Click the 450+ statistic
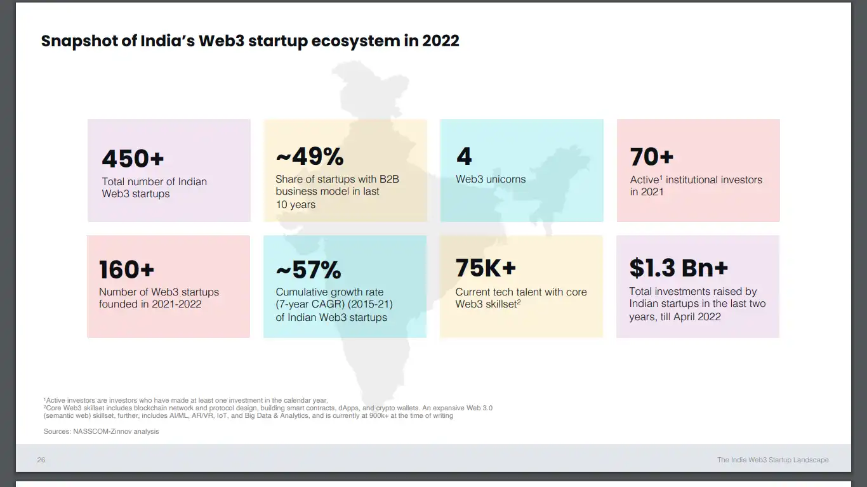(133, 159)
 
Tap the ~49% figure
(310, 157)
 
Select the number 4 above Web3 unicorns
(464, 157)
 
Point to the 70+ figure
(652, 157)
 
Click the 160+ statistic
(127, 270)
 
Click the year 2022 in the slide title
(440, 41)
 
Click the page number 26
(41, 460)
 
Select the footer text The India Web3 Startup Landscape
(772, 460)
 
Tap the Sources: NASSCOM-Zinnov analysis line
(101, 431)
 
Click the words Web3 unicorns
(491, 179)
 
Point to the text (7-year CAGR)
(308, 304)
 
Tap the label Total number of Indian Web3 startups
(154, 188)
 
